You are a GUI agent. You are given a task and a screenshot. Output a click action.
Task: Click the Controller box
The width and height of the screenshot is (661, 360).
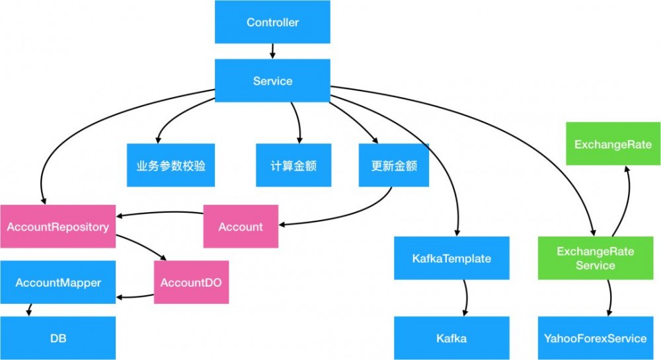coord(272,22)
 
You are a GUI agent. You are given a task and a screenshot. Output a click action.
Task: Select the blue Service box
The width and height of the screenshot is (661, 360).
coord(272,81)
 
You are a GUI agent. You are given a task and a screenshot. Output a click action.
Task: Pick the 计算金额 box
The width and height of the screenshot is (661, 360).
coord(294,165)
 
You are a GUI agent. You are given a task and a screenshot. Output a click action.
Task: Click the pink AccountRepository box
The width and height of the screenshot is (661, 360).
coord(58,227)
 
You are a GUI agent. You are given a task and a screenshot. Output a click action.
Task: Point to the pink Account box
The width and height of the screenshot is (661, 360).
coord(241,227)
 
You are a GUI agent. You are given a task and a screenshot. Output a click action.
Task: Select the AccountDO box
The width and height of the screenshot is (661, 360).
coord(191,282)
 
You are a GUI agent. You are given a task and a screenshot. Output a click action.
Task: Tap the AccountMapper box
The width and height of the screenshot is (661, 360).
coord(58,283)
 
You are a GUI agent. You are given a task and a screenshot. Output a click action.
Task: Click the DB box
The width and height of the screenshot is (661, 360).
coord(58,338)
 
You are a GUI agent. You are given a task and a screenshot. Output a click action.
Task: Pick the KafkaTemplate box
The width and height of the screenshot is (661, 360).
coord(451,258)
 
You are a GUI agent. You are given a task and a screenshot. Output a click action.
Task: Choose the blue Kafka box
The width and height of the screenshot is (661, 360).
coord(451,338)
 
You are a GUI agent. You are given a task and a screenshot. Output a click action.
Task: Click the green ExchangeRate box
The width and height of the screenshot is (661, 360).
coord(613,144)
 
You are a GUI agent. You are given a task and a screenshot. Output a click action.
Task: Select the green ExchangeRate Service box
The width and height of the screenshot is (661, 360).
coord(595,258)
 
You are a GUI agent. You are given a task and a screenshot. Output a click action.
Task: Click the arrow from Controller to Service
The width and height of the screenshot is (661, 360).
coord(272,51)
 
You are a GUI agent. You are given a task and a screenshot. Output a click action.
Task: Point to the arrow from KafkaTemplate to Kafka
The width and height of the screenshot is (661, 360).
coord(467,297)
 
